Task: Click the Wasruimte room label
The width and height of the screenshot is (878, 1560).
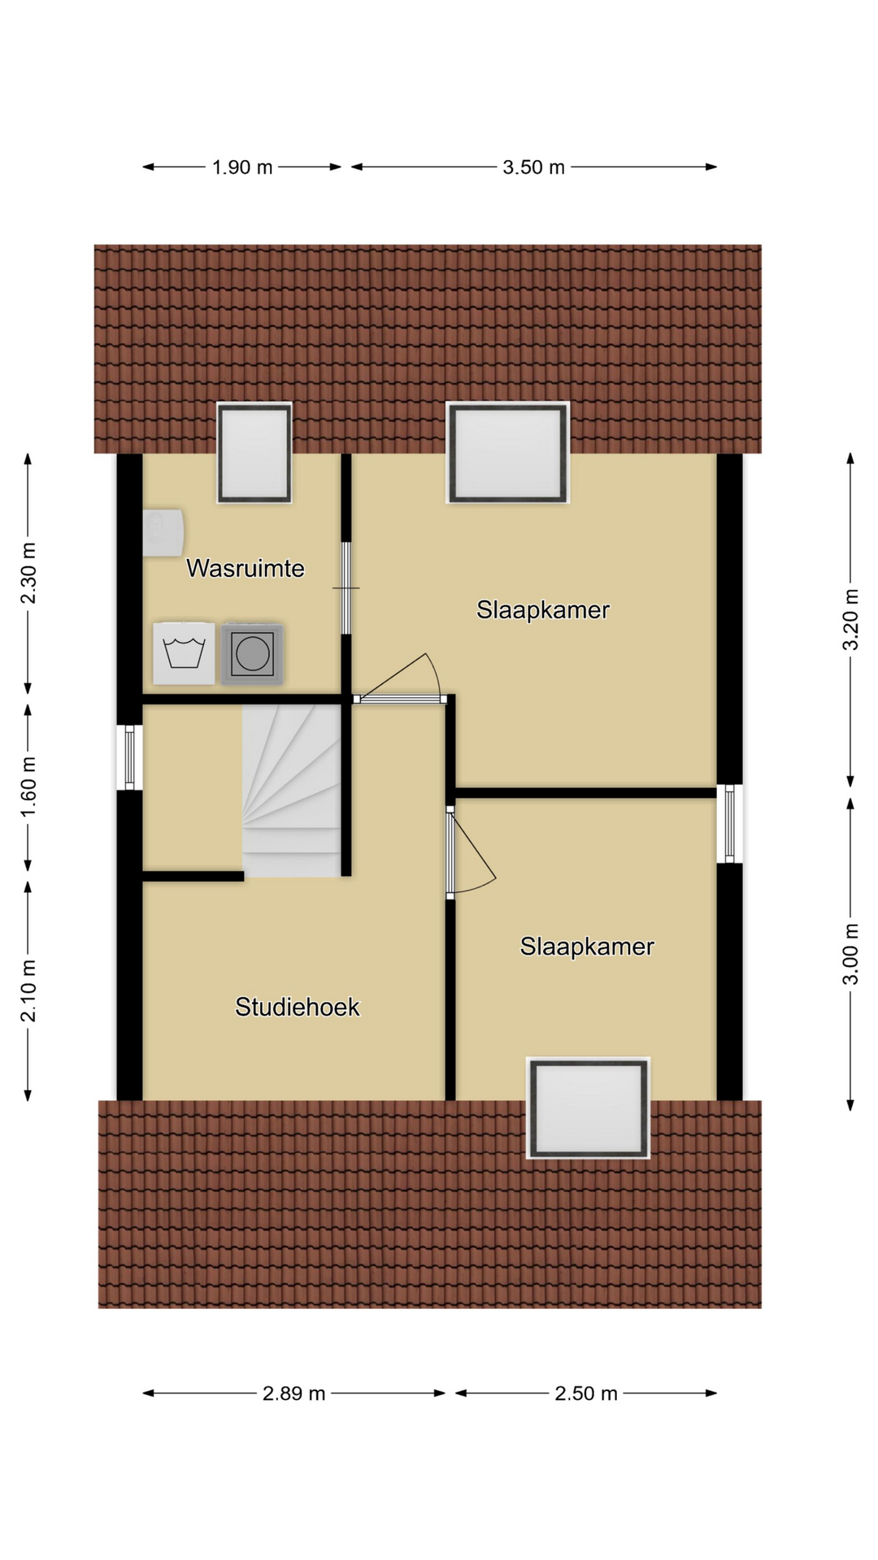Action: click(246, 568)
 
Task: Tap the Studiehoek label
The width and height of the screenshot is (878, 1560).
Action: click(298, 1007)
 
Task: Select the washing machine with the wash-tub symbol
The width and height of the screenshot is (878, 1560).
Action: click(185, 653)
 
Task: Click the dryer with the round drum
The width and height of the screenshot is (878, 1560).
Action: click(252, 653)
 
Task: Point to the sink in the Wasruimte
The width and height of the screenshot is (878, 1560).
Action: click(163, 533)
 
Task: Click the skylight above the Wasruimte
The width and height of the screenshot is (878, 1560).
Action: click(254, 453)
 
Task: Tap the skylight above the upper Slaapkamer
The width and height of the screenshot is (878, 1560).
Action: click(508, 453)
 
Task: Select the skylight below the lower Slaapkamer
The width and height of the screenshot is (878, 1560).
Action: click(589, 1108)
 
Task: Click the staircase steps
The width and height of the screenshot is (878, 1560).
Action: click(291, 791)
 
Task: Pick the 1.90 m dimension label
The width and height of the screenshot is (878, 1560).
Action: click(242, 167)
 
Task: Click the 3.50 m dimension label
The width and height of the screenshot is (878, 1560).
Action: click(533, 167)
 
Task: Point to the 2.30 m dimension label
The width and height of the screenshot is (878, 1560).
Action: click(28, 574)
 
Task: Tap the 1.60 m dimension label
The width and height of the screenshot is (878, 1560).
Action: click(28, 788)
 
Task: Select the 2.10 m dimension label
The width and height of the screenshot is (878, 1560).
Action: click(28, 991)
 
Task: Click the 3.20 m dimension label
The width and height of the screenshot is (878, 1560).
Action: click(850, 619)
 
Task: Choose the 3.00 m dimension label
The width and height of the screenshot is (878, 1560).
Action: click(850, 954)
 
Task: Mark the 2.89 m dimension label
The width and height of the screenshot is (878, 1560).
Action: click(293, 1394)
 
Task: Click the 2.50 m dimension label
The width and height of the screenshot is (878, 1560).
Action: click(586, 1394)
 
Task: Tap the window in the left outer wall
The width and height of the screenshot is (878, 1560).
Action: click(129, 757)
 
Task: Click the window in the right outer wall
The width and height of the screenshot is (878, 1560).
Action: click(729, 823)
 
